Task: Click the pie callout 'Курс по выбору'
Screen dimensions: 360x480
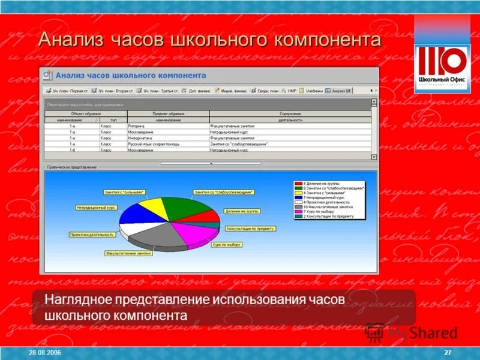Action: click(226, 245)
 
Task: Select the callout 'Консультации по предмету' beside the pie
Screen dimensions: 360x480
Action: click(250, 229)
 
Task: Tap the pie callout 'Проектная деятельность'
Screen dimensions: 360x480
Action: click(92, 235)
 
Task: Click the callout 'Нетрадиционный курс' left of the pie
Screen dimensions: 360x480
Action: click(96, 208)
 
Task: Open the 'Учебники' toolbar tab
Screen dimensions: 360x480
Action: click(312, 91)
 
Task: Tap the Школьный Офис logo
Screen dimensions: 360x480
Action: click(442, 65)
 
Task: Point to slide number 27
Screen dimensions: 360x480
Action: click(448, 351)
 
